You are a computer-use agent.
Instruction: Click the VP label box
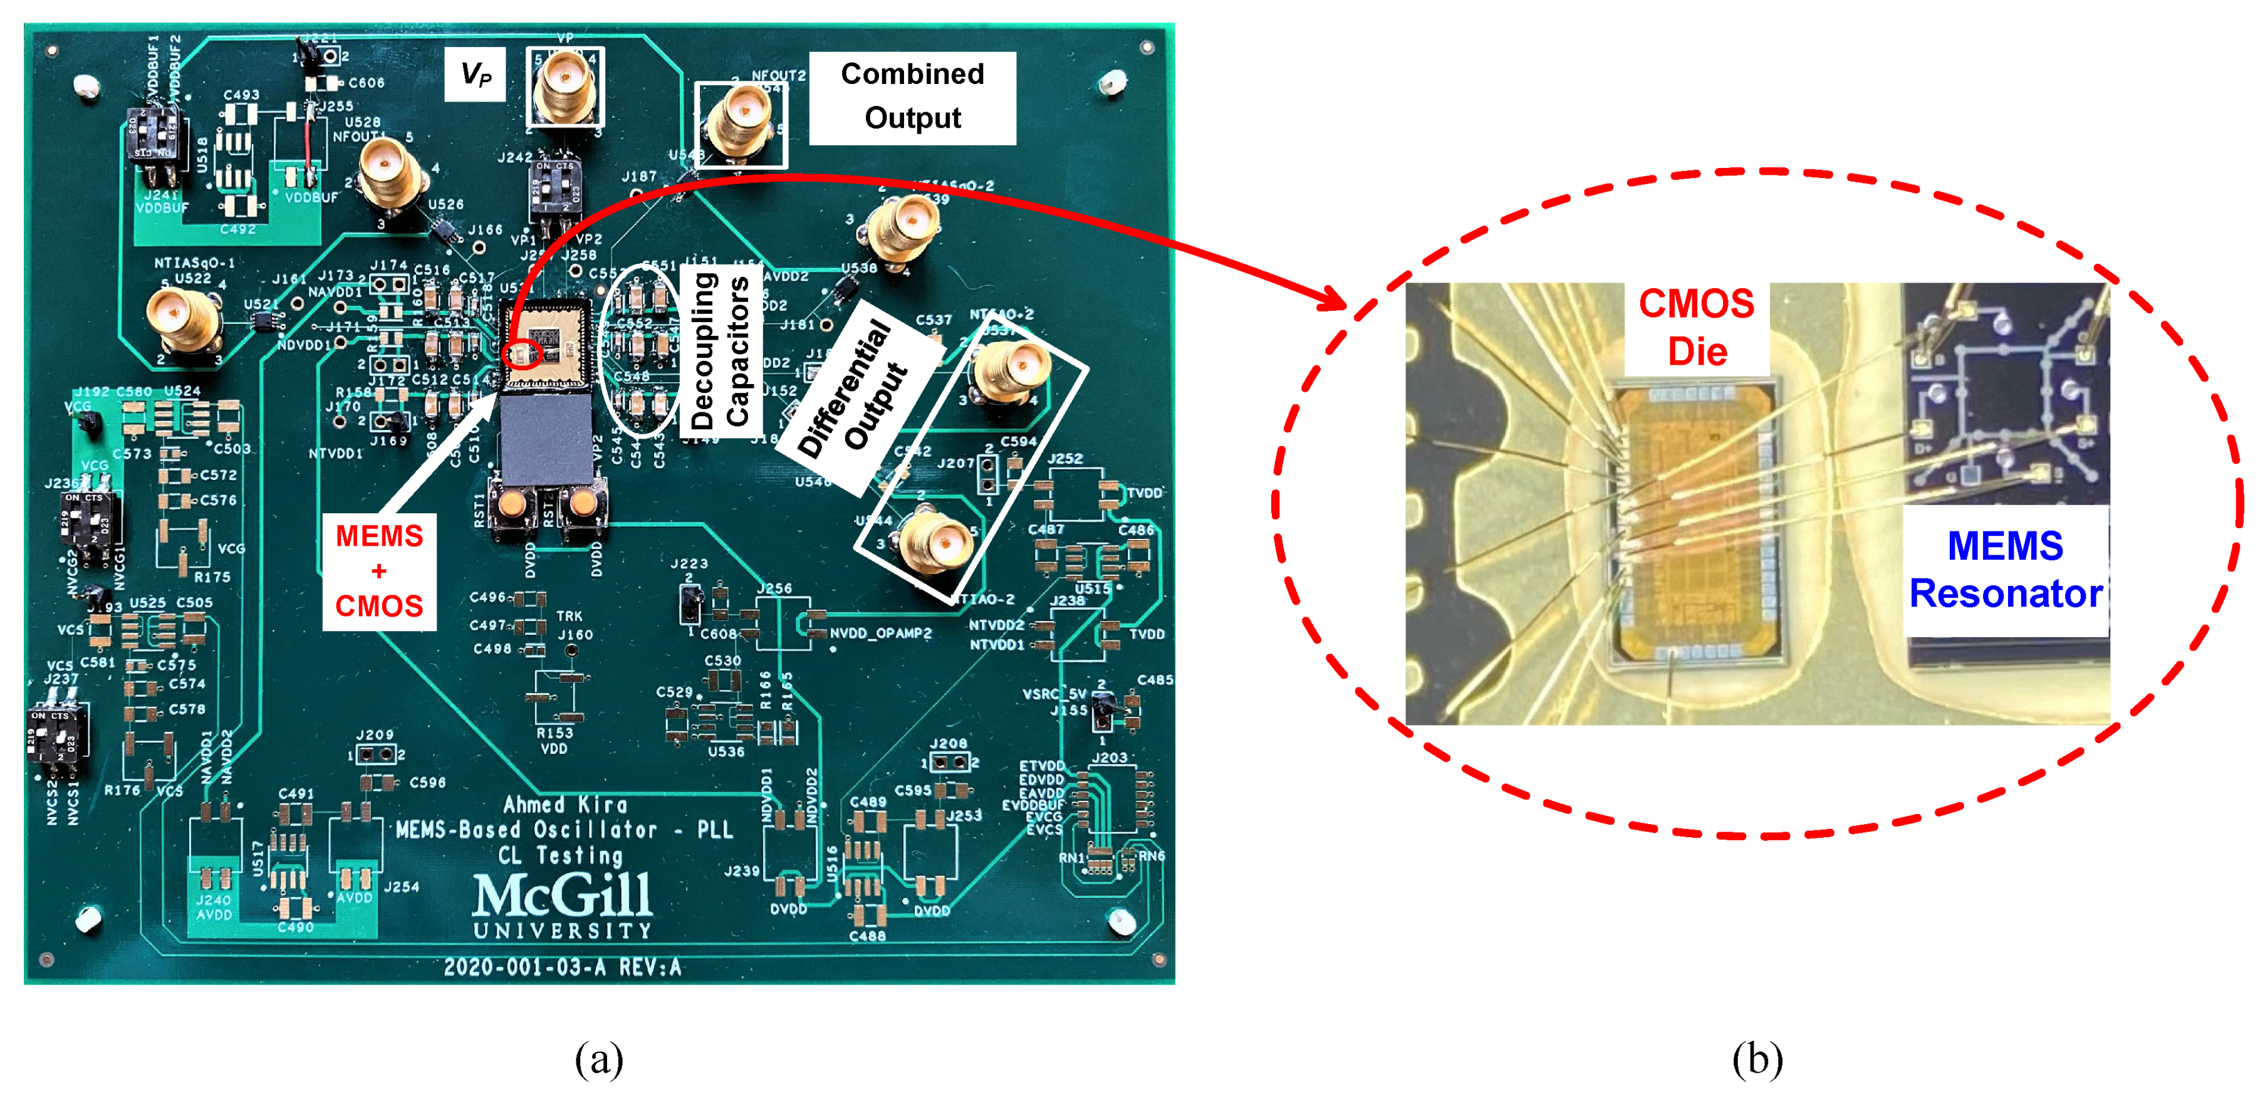click(x=475, y=75)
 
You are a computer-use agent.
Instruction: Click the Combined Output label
click(x=912, y=97)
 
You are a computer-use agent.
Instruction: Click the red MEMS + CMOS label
click(x=380, y=571)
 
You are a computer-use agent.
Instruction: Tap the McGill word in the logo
click(x=563, y=895)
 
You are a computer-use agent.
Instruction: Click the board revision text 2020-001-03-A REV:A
click(x=562, y=967)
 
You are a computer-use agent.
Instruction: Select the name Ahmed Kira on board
click(x=564, y=804)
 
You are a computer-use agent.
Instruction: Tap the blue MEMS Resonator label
click(x=2005, y=570)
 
